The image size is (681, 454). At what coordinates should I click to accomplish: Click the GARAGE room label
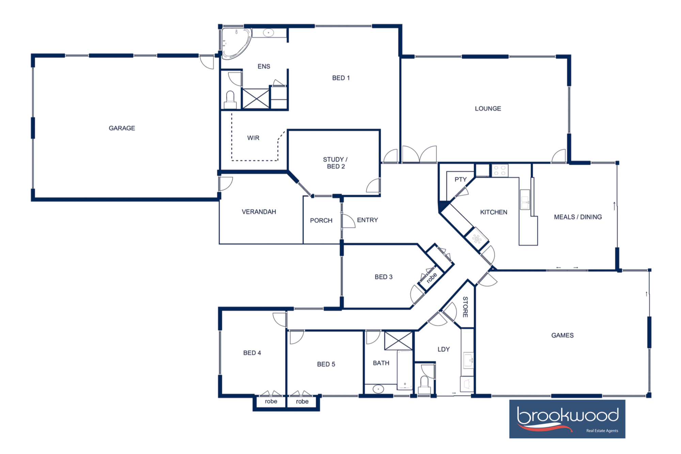[122, 128]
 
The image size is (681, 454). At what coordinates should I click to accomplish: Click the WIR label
[253, 138]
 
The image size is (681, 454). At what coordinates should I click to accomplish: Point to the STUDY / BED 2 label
[335, 163]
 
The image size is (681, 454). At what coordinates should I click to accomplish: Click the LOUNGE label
[488, 109]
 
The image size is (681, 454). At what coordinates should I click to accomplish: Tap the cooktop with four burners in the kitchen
[500, 170]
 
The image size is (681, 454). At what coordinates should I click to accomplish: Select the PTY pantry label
[460, 179]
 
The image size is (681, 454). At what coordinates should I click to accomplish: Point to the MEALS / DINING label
[577, 217]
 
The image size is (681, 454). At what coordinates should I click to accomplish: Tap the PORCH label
[321, 221]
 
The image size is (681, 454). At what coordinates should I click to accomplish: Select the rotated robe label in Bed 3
[431, 278]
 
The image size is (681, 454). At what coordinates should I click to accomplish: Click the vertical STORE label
[465, 307]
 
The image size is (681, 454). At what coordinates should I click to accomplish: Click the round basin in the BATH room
[378, 389]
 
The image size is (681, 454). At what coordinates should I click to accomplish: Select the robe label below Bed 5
[302, 402]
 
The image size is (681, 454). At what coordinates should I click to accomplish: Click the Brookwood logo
[567, 419]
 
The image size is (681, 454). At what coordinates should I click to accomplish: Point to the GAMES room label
[562, 335]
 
